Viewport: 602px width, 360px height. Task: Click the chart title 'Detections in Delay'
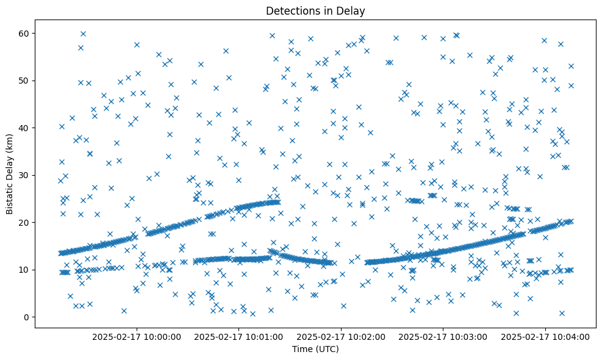point(315,10)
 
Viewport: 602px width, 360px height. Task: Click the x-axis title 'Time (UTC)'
point(315,349)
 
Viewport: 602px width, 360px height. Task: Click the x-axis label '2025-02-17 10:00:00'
point(137,337)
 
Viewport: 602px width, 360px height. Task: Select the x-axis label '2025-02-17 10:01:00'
point(238,337)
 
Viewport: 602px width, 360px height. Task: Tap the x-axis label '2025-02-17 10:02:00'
point(341,337)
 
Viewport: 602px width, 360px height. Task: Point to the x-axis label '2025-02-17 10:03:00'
point(443,337)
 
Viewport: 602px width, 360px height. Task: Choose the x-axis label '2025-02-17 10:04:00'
point(545,337)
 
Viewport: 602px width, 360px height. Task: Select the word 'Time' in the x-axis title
point(303,349)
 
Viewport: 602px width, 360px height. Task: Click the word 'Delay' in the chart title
point(351,10)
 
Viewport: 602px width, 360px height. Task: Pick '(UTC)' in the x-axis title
point(326,349)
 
